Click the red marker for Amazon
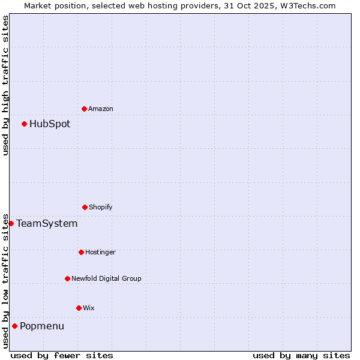[84, 109]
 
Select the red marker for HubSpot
[24, 124]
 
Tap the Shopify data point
[85, 207]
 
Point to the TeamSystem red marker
[11, 223]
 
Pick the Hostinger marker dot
[81, 252]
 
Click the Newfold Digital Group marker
[67, 278]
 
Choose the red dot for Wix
[79, 308]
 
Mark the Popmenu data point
[14, 326]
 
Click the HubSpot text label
[50, 124]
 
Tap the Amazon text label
[101, 109]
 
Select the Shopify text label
[100, 208]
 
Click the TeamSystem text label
[47, 224]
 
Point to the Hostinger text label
[100, 253]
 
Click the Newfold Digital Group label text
[106, 279]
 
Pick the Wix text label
[89, 308]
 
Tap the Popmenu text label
[42, 326]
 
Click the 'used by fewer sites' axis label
[62, 355]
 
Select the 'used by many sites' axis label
[301, 355]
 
